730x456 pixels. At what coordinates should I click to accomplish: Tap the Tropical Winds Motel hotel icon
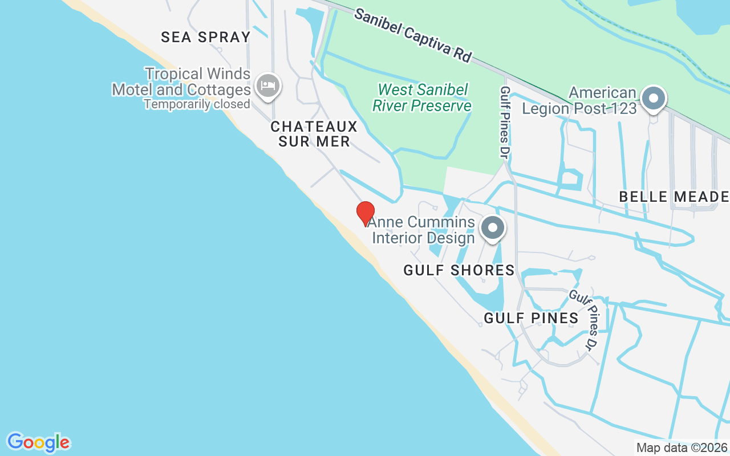click(x=267, y=86)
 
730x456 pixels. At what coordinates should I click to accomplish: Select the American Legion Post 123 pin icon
click(x=654, y=99)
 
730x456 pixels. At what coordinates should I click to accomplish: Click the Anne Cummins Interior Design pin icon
click(x=493, y=228)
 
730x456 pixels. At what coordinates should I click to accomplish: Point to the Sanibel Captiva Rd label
click(x=413, y=35)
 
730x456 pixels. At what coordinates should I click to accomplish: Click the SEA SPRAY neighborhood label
click(x=206, y=38)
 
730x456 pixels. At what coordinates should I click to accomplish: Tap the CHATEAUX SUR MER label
click(x=314, y=134)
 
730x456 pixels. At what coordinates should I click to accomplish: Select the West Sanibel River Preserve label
click(x=422, y=97)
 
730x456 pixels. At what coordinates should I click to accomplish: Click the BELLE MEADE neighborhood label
click(x=674, y=197)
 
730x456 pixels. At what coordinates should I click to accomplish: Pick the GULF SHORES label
click(x=459, y=270)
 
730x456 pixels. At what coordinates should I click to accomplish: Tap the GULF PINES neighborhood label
click(x=532, y=318)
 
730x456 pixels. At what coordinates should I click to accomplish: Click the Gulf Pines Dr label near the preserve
click(x=505, y=122)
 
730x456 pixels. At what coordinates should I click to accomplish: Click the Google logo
click(x=38, y=442)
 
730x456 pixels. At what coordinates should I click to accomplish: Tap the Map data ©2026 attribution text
click(x=682, y=448)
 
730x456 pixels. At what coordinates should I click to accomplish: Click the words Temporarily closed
click(x=197, y=104)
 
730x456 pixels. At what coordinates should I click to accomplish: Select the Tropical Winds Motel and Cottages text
click(x=181, y=82)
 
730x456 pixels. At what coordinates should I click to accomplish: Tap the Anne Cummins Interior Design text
click(x=422, y=230)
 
